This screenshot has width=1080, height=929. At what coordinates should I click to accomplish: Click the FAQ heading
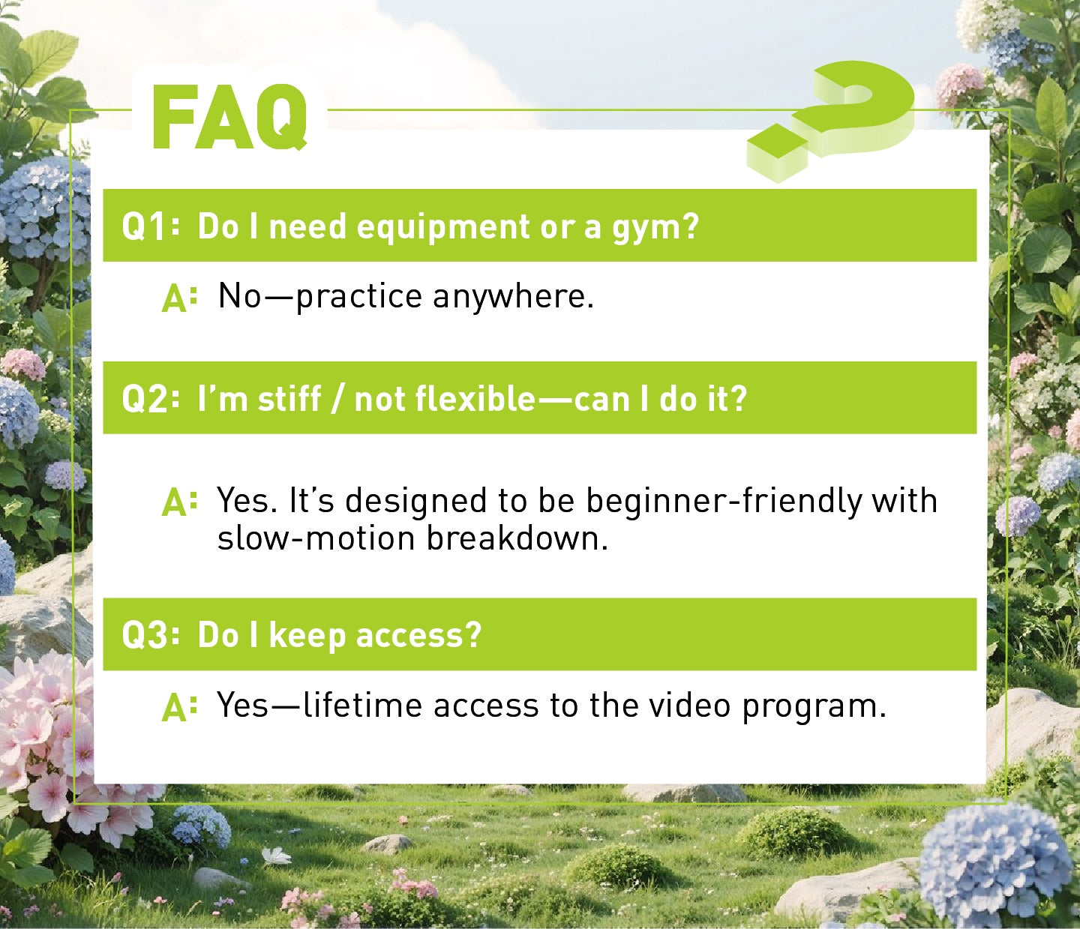229,118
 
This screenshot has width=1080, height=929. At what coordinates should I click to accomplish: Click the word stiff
289,398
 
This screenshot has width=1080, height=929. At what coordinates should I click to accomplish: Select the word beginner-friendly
724,501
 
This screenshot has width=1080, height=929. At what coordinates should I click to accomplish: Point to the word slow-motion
316,538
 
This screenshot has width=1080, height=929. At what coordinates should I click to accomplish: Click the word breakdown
517,538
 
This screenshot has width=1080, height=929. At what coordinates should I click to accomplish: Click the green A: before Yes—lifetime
179,707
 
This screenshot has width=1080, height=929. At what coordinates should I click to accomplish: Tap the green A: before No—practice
179,298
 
